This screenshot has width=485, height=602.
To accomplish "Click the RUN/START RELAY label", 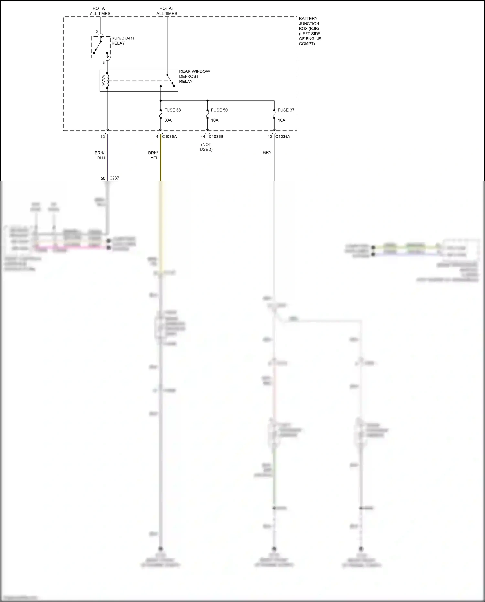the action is tap(123, 41).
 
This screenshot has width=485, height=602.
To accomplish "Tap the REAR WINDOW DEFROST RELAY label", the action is tap(194, 76).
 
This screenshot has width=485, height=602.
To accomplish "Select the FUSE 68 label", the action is tap(172, 110).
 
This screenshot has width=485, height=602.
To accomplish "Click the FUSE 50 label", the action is tap(219, 110).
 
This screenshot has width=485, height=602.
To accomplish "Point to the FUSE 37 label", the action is tap(286, 110).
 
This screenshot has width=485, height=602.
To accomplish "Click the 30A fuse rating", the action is tap(168, 120).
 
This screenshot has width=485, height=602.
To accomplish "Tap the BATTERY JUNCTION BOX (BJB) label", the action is tap(309, 31).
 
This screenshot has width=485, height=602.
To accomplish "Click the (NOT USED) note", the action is tap(206, 147).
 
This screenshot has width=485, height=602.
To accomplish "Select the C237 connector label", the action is tap(114, 178).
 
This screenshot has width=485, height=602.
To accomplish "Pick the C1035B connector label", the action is tap(216, 137).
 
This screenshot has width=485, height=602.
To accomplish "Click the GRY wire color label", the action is tap(267, 153).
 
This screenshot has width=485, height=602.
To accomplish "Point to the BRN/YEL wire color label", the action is tap(153, 156).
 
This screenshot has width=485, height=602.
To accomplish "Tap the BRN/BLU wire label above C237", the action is tap(100, 156).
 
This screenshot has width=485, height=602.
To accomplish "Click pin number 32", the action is tap(102, 137).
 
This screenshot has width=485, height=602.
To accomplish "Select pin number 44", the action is tap(203, 137).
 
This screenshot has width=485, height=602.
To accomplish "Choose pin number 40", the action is tap(270, 137).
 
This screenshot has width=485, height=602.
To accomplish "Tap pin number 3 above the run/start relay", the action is tap(97, 32).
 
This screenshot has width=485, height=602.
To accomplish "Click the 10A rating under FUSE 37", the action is tap(282, 120).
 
